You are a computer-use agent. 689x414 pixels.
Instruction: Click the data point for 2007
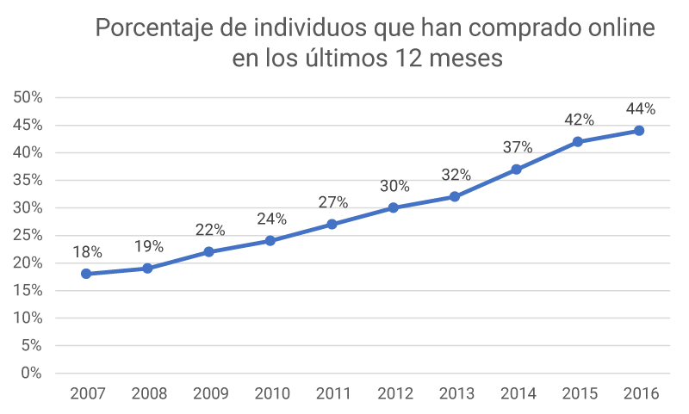click(86, 274)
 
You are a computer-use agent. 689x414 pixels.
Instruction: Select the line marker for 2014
click(516, 170)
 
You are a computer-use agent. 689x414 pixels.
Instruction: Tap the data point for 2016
click(639, 131)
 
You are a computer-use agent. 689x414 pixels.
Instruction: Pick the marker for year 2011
click(332, 225)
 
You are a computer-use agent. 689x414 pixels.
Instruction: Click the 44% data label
click(640, 108)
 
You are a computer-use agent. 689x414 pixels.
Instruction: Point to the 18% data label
click(87, 252)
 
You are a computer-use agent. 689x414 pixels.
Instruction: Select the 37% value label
click(517, 147)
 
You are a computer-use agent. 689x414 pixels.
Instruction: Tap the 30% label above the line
click(394, 186)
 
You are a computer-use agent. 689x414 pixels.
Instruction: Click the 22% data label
click(209, 230)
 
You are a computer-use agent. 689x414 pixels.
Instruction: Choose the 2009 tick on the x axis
click(209, 394)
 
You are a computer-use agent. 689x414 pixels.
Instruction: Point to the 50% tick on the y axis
click(28, 97)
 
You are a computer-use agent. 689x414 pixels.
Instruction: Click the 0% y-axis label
click(32, 374)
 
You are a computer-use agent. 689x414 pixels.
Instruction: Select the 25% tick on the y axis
click(28, 235)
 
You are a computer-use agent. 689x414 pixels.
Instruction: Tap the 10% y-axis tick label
click(28, 318)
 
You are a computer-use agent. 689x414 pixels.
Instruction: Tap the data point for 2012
click(394, 207)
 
